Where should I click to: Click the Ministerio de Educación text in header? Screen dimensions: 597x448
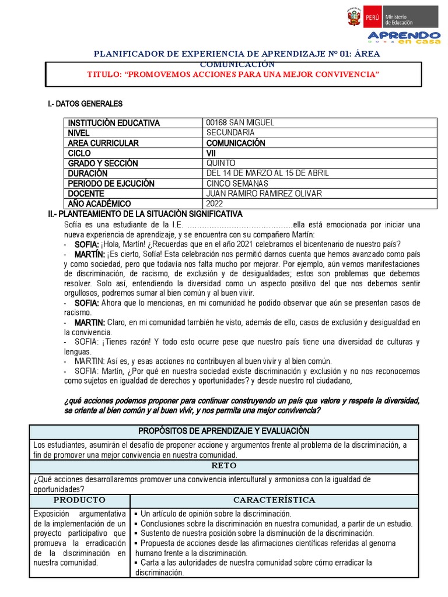(398, 19)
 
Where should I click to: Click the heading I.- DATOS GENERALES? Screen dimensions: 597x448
(85, 104)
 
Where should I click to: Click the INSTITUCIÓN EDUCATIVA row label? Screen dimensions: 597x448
(113, 123)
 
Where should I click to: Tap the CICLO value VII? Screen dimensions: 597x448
(211, 153)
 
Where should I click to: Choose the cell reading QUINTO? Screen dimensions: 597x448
(221, 163)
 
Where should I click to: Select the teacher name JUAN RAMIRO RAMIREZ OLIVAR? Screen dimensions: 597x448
(263, 194)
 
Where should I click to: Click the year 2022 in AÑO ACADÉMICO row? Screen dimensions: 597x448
(215, 203)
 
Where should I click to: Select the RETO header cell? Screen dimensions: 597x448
(223, 465)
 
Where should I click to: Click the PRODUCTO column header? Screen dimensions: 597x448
(79, 500)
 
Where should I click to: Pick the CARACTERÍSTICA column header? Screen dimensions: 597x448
(274, 500)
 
